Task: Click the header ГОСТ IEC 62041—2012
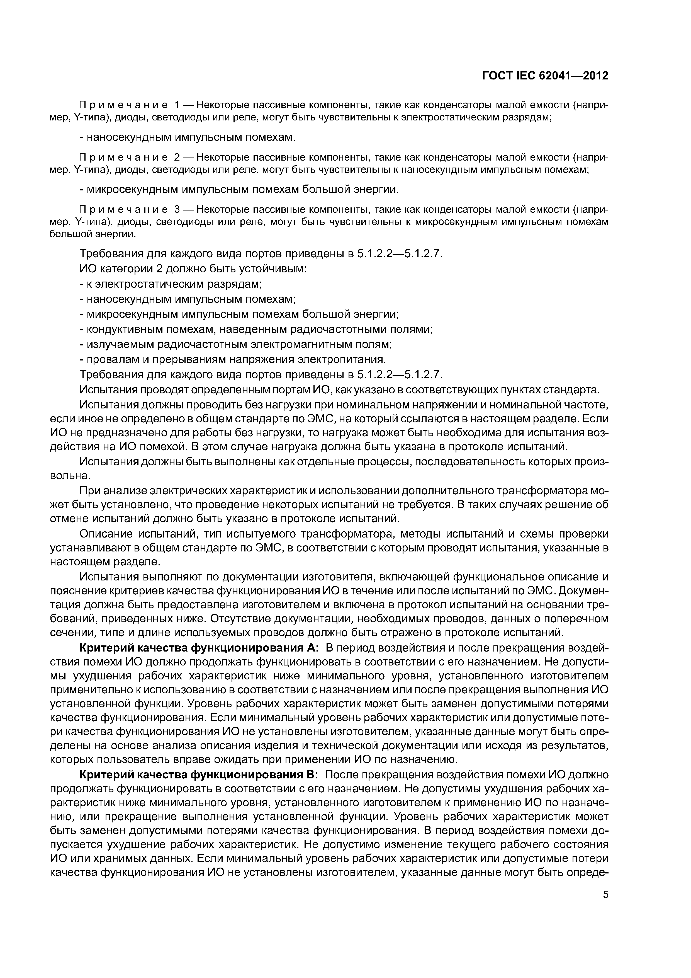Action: tap(545, 76)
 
